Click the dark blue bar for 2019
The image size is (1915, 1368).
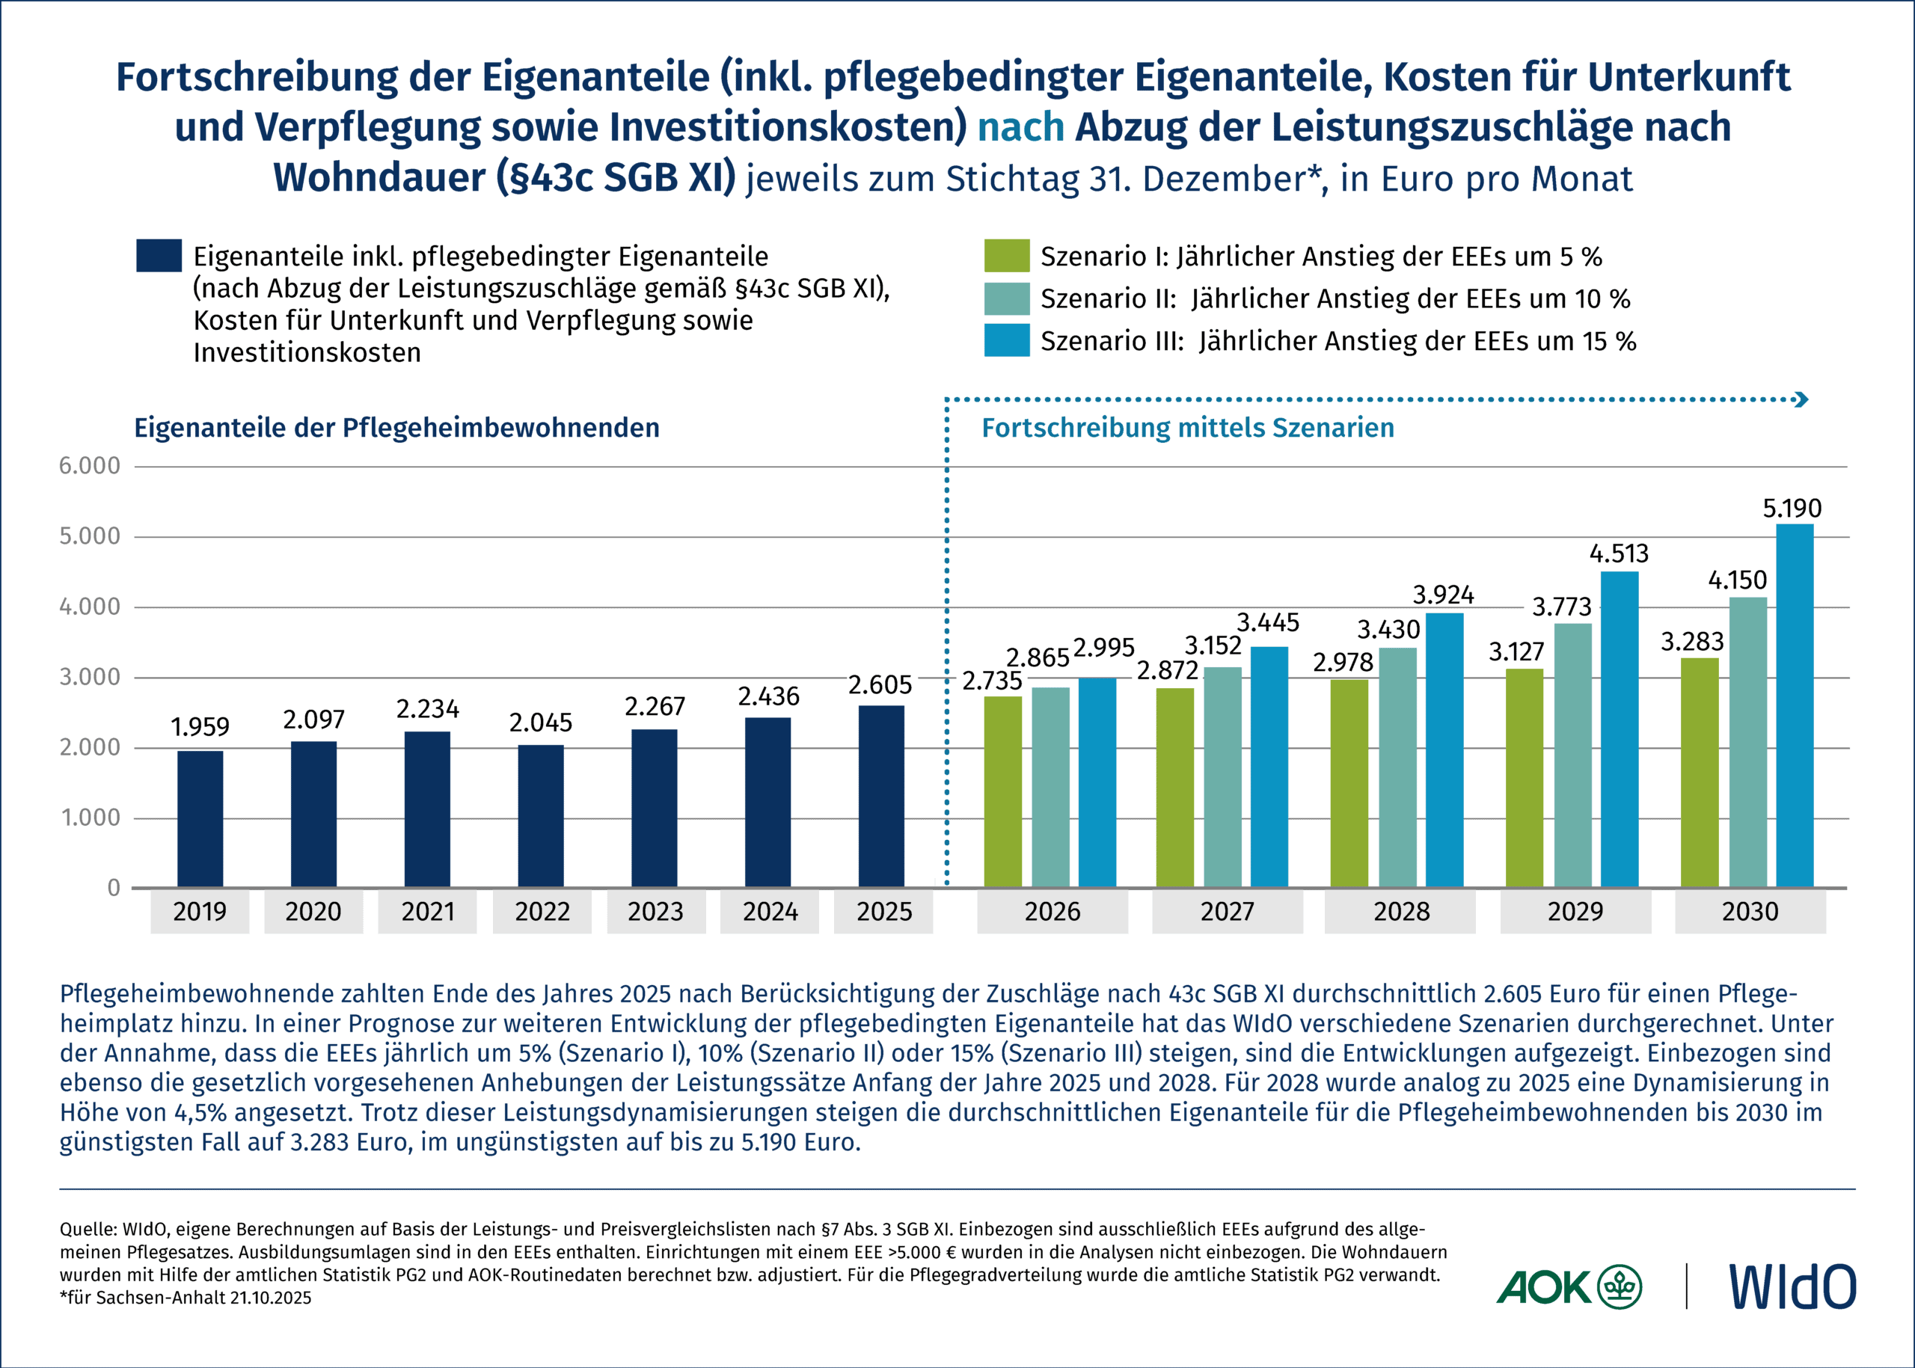[200, 818]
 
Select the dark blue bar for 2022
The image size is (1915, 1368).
[541, 815]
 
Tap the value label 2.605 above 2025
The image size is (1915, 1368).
[880, 686]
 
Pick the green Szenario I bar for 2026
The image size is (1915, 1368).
[1002, 791]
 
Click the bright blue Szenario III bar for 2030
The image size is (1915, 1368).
[1795, 705]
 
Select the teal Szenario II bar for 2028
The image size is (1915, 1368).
[1397, 767]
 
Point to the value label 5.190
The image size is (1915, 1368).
[1792, 509]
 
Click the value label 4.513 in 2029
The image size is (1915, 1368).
[1619, 554]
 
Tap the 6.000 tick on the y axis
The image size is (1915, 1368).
[89, 466]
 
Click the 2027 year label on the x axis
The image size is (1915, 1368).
[1227, 912]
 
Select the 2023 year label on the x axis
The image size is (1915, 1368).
[655, 912]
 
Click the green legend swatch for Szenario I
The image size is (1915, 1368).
[1006, 256]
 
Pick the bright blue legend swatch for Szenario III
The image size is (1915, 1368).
[1006, 340]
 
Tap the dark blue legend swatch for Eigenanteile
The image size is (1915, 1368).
[159, 256]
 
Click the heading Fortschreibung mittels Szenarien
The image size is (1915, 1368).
[1187, 428]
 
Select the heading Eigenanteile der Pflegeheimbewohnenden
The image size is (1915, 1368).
[396, 428]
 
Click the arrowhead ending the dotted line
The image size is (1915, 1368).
[1802, 399]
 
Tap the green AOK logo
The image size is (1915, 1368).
[1568, 1286]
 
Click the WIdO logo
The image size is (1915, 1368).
[1792, 1286]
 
